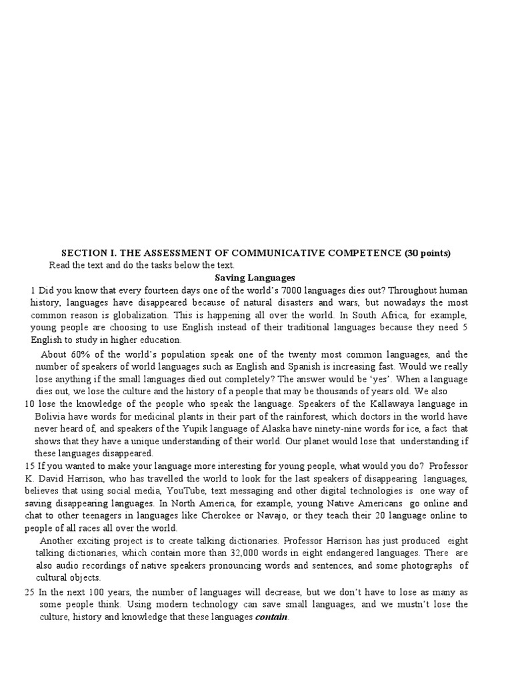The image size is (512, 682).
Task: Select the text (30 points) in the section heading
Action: point(427,253)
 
